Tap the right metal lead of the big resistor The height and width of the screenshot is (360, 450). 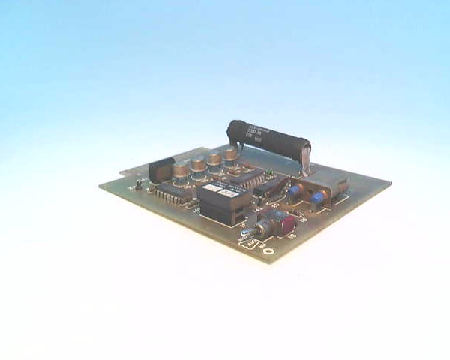307,159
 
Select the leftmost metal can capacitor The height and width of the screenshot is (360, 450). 181,170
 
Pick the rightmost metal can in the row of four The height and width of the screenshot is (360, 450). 229,156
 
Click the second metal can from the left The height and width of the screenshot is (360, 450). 199,165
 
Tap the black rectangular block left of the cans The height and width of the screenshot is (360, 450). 161,171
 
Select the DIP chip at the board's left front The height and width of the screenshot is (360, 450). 171,194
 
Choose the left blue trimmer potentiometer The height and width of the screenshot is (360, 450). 296,192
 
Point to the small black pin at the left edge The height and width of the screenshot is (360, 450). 139,184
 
